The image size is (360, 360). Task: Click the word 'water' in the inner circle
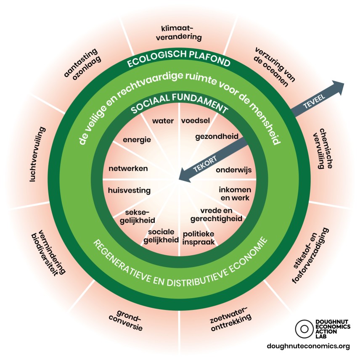click(x=163, y=121)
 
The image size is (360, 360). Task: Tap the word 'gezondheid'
click(x=217, y=136)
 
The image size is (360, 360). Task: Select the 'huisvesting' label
click(x=129, y=190)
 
